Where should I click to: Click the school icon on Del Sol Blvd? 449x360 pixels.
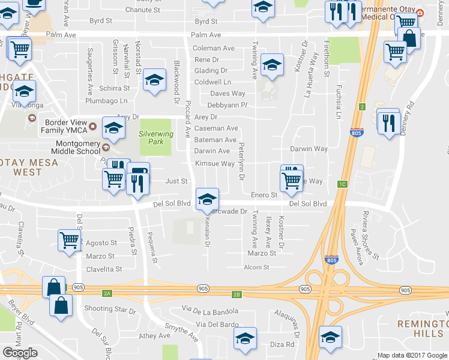tap(207, 199)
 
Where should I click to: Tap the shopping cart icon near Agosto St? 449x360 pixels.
tap(70, 240)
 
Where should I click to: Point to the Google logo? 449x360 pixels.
tap(20, 353)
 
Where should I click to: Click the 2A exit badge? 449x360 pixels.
tap(107, 293)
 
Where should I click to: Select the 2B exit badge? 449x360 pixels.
tap(237, 294)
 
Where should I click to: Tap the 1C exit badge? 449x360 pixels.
tap(343, 184)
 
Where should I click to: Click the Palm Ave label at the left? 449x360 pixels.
tap(63, 35)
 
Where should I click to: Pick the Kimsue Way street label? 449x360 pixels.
tap(214, 163)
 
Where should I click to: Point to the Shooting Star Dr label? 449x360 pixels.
tap(110, 309)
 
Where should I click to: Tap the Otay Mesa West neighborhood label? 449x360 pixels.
tap(21, 166)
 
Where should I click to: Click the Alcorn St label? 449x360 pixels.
tap(256, 268)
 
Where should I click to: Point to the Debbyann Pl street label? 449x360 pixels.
tap(228, 105)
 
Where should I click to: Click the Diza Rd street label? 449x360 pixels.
tap(282, 344)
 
